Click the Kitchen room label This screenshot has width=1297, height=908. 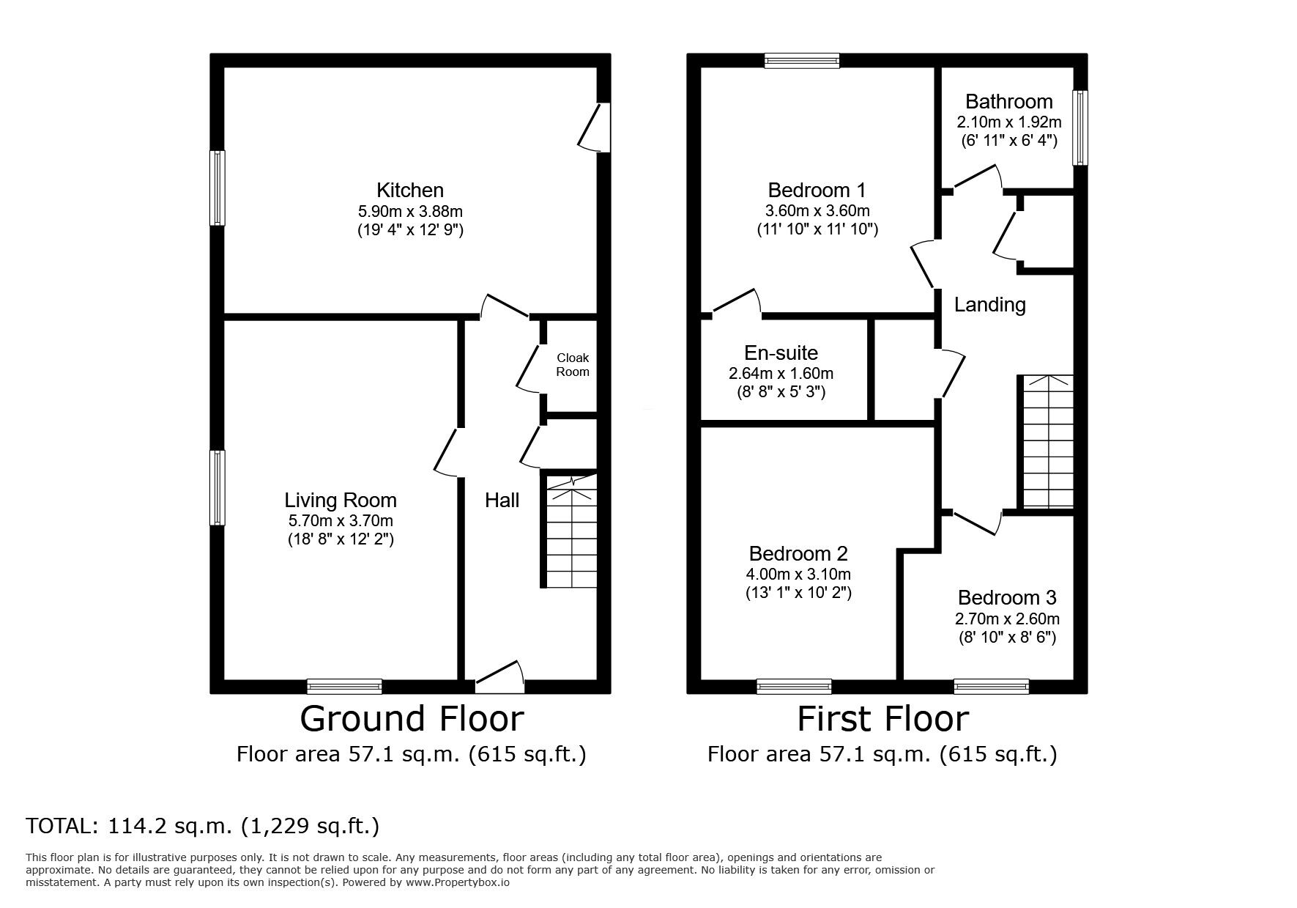[409, 191]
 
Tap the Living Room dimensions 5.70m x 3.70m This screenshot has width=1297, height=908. [341, 521]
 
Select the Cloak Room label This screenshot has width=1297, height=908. [572, 364]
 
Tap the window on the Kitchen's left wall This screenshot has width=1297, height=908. [218, 188]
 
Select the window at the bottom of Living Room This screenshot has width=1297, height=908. [344, 686]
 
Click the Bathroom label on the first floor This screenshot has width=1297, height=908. [1008, 101]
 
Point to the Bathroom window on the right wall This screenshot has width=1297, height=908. [1080, 128]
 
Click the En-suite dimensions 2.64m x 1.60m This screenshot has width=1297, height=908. [781, 373]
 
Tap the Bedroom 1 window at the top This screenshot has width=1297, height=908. [801, 61]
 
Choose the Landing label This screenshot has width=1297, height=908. [989, 304]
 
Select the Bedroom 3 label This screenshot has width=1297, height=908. [1006, 597]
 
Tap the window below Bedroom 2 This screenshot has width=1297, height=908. [794, 686]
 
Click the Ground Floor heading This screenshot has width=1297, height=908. [412, 718]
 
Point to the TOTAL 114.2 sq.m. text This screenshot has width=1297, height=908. [202, 826]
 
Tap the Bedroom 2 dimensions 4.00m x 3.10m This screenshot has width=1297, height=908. [798, 574]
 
